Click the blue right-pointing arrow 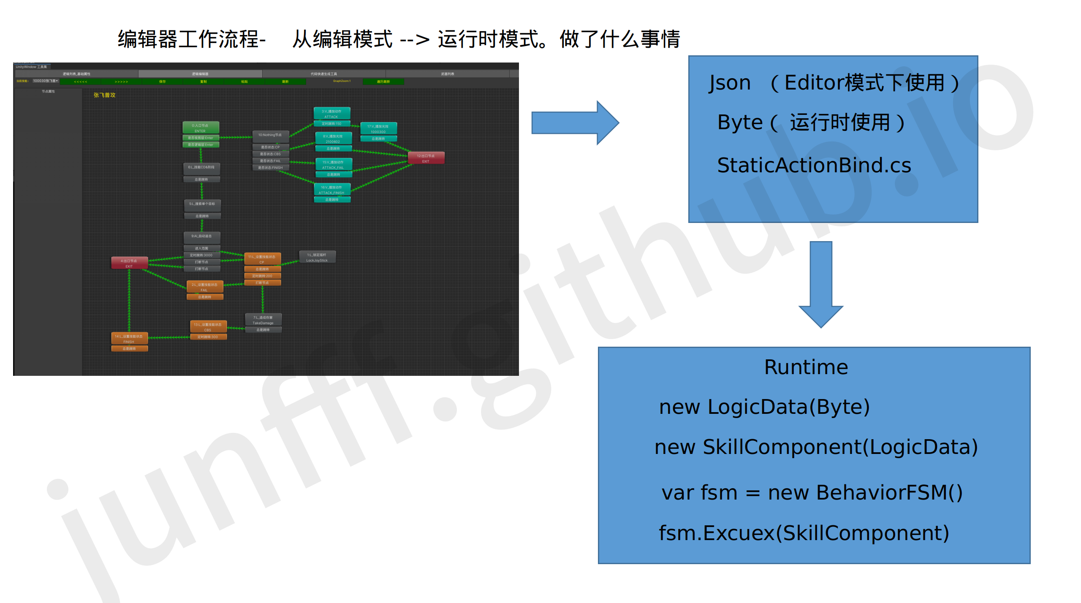tap(574, 123)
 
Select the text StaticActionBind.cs tap(814, 165)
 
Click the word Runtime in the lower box tap(806, 367)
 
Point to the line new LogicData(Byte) tap(764, 407)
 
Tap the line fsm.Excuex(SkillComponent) tap(804, 533)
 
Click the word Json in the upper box tap(730, 83)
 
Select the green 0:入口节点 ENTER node tap(201, 128)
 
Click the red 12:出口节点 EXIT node tap(426, 158)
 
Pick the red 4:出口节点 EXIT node tap(129, 263)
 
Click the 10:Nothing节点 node tap(270, 136)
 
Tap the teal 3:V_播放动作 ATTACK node tap(331, 114)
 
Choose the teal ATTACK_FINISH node tap(332, 190)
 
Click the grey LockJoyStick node tap(317, 257)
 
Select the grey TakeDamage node tap(263, 320)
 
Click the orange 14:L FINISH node tap(129, 339)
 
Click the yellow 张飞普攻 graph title tap(104, 95)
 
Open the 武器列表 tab tap(447, 74)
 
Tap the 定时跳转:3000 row tap(201, 255)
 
